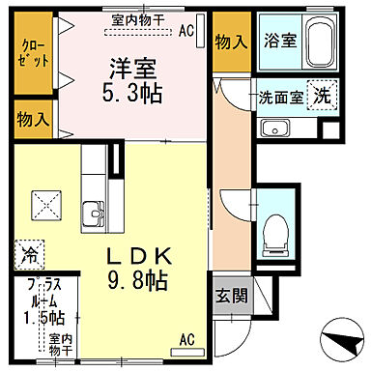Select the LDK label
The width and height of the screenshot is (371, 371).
(x=140, y=257)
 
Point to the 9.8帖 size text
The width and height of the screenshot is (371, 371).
(x=140, y=281)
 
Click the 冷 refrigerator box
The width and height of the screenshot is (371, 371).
(x=28, y=257)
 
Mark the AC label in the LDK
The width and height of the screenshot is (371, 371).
(x=187, y=339)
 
